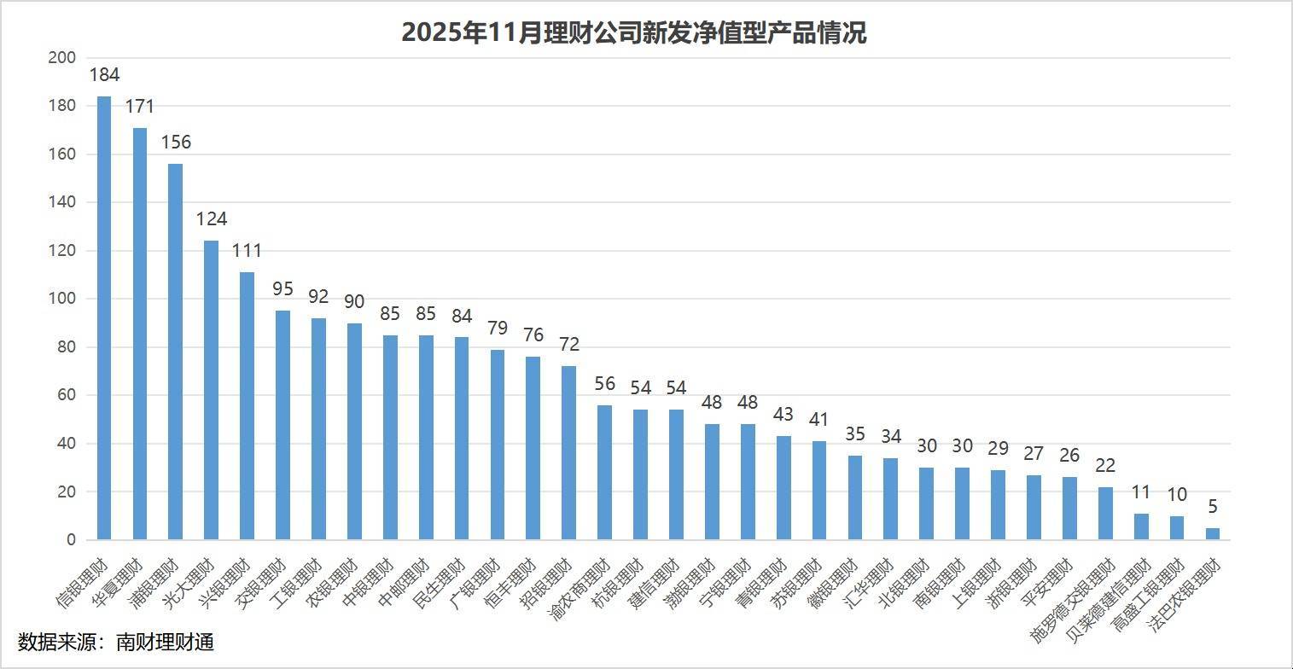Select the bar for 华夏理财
click(x=140, y=334)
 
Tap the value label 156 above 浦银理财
click(x=176, y=142)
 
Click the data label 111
click(x=247, y=251)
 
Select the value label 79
click(x=497, y=328)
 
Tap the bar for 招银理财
click(x=568, y=452)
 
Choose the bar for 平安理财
click(x=1069, y=509)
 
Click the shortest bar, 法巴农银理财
click(x=1212, y=534)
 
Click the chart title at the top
click(x=633, y=32)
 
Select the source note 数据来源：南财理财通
click(x=116, y=643)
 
